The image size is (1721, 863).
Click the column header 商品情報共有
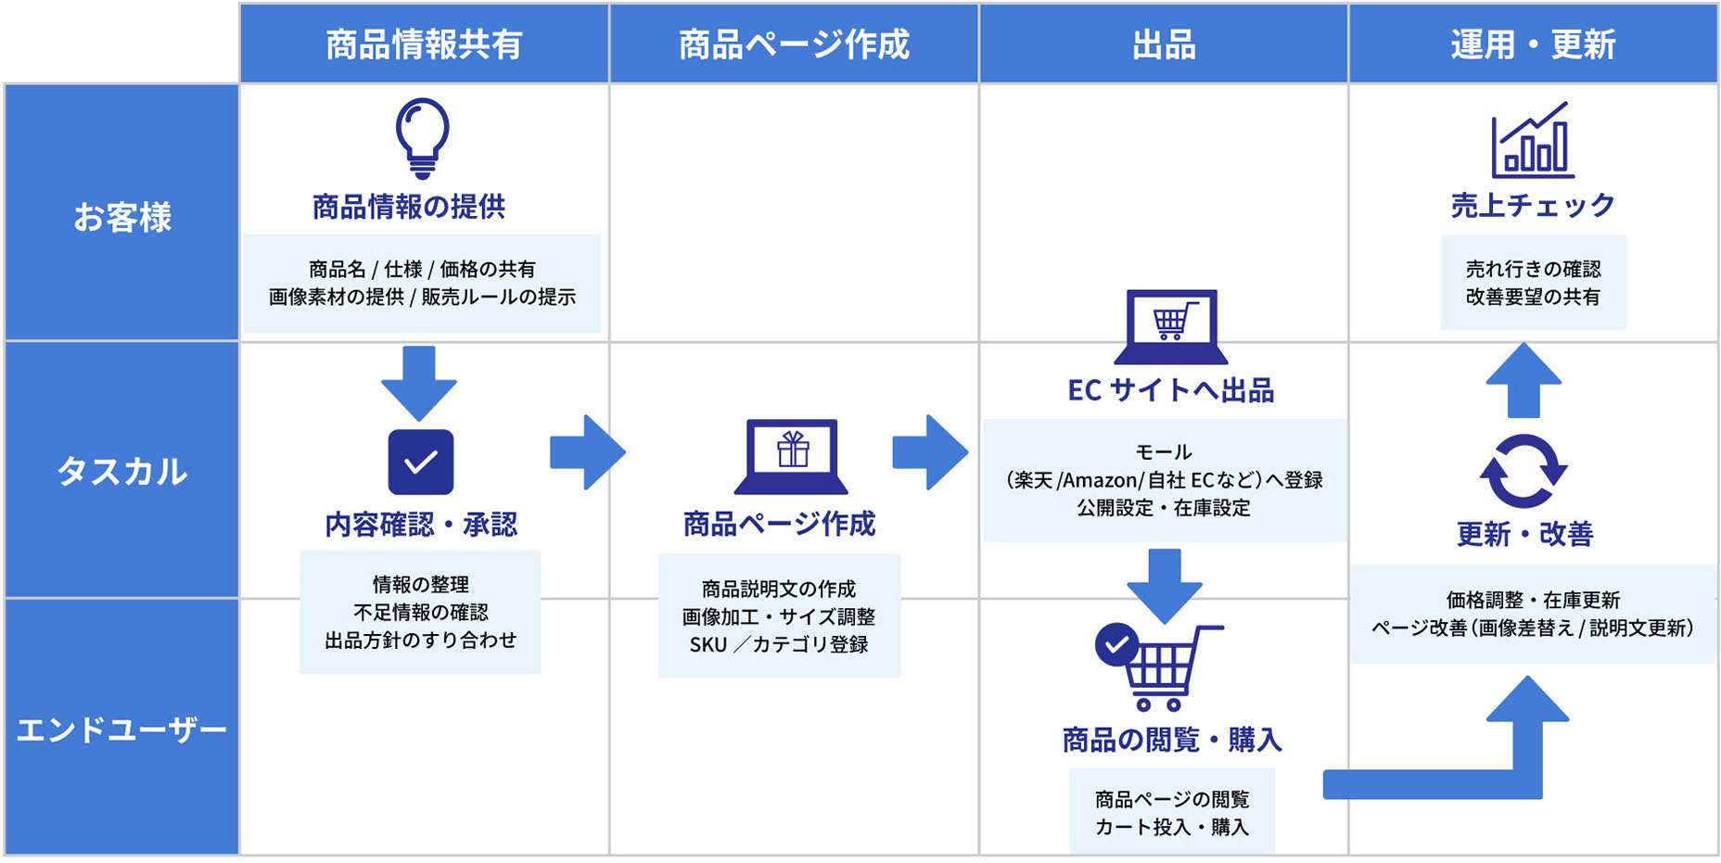[x=424, y=44]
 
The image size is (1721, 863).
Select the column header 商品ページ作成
[x=794, y=44]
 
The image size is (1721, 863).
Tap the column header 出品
[x=1163, y=44]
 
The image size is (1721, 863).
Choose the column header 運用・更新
[x=1533, y=44]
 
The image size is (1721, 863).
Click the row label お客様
[x=121, y=217]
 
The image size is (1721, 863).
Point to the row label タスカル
[x=121, y=471]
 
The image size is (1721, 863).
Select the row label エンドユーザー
[x=121, y=730]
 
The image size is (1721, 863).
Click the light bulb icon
[x=422, y=138]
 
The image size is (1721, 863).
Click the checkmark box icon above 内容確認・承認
[x=421, y=462]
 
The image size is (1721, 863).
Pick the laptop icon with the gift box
[x=792, y=456]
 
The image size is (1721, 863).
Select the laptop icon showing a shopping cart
[x=1171, y=327]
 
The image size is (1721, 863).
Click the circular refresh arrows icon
[x=1523, y=471]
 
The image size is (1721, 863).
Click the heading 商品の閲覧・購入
[x=1171, y=740]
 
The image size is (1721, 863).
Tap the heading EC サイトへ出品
[x=1170, y=390]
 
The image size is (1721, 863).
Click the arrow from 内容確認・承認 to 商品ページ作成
[x=587, y=452]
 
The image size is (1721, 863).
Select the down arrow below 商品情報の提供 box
[x=419, y=383]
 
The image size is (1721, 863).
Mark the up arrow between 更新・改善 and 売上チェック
[x=1523, y=380]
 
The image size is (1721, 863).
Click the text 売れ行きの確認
[x=1533, y=269]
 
